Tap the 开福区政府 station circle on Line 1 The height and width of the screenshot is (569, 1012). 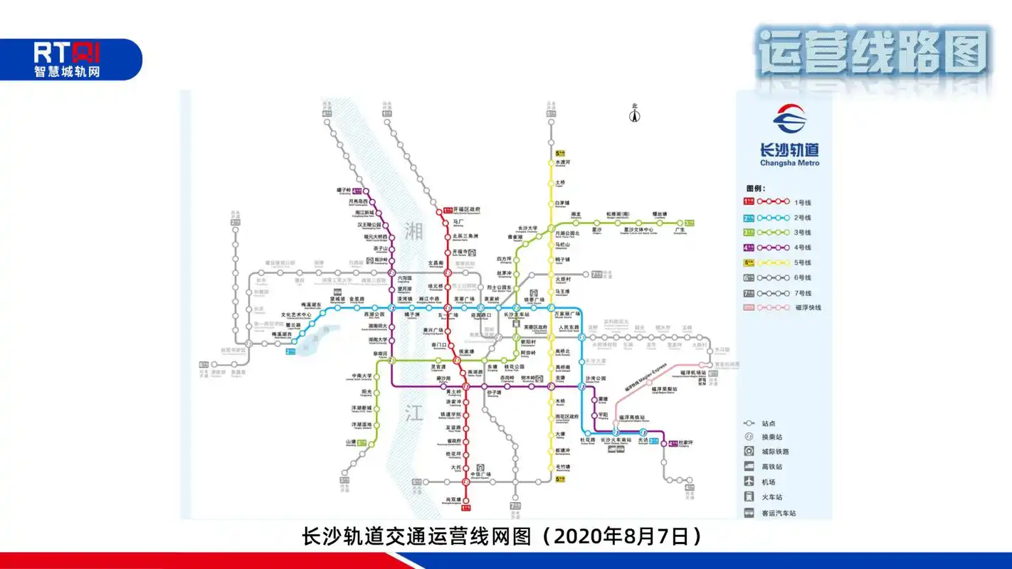[448, 210]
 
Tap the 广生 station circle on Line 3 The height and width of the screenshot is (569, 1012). [680, 223]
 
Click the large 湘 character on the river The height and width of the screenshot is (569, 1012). [414, 230]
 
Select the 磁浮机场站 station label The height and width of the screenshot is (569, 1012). [692, 372]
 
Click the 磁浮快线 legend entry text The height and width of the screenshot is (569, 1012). [808, 308]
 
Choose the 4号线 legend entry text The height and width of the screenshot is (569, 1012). [803, 248]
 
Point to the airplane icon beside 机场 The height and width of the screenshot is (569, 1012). [749, 482]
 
